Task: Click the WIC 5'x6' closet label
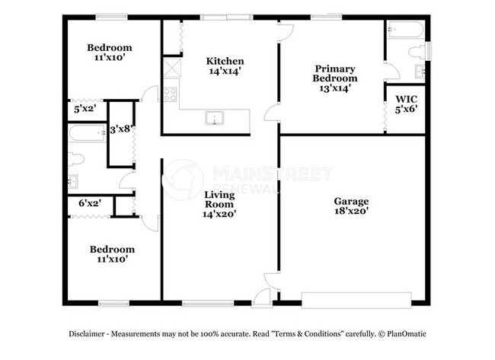pyautogui.click(x=406, y=104)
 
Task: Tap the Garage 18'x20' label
pyautogui.click(x=351, y=206)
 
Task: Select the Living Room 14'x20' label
pyautogui.click(x=219, y=205)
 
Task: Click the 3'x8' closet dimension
pyautogui.click(x=121, y=129)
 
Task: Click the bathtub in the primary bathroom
pyautogui.click(x=404, y=31)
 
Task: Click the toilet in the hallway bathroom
pyautogui.click(x=74, y=159)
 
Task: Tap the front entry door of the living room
pyautogui.click(x=263, y=297)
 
